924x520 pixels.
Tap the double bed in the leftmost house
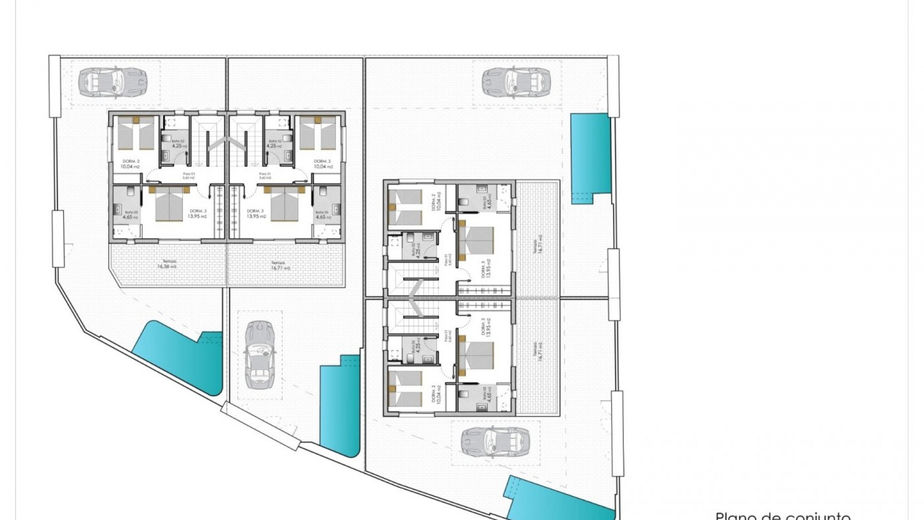click(x=170, y=205)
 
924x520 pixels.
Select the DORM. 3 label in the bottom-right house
click(x=486, y=327)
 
